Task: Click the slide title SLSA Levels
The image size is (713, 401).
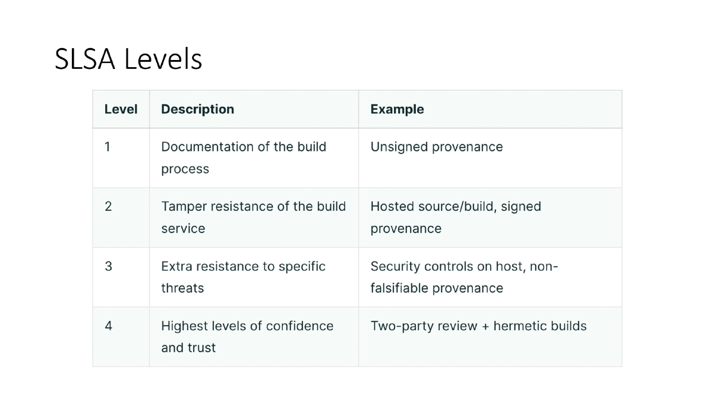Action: (x=128, y=59)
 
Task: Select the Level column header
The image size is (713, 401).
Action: (x=121, y=109)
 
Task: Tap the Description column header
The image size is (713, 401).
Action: (x=197, y=109)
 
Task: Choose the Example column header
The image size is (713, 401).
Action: (x=397, y=109)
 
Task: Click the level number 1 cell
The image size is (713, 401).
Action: (x=108, y=147)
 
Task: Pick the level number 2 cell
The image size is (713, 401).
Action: (x=108, y=206)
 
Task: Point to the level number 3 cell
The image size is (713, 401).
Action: (x=108, y=266)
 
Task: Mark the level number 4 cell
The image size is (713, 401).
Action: (x=108, y=326)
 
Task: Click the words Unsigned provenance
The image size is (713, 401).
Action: (x=436, y=147)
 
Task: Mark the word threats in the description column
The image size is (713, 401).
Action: (x=182, y=288)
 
